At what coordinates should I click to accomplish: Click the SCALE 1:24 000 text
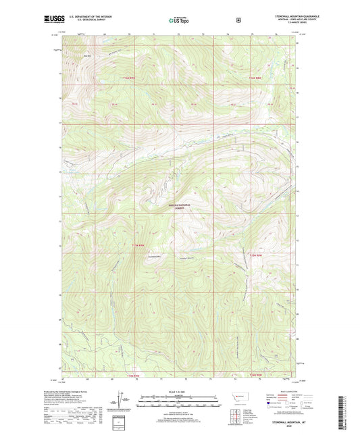(x=179, y=391)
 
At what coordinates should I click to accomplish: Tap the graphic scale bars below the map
(x=179, y=403)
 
